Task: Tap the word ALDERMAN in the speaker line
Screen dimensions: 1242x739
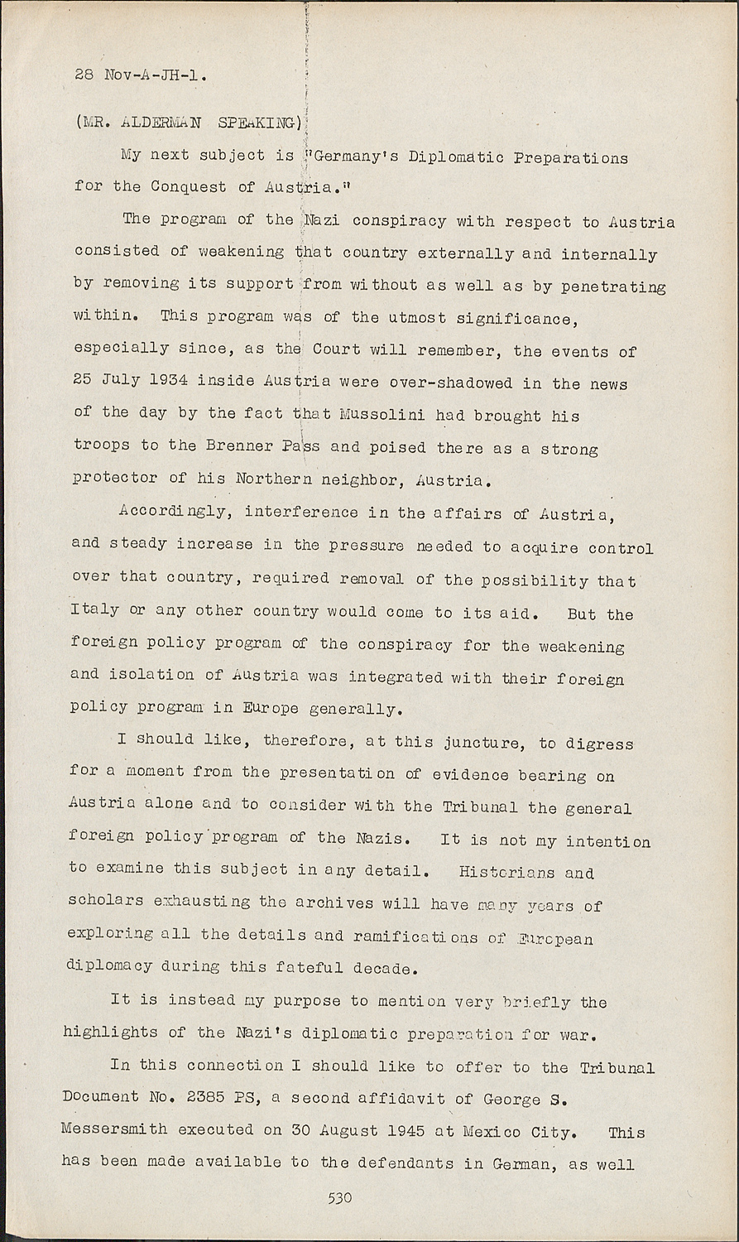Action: coord(161,123)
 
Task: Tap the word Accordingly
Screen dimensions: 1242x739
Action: coord(176,512)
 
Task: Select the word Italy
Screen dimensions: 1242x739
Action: coord(94,610)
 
